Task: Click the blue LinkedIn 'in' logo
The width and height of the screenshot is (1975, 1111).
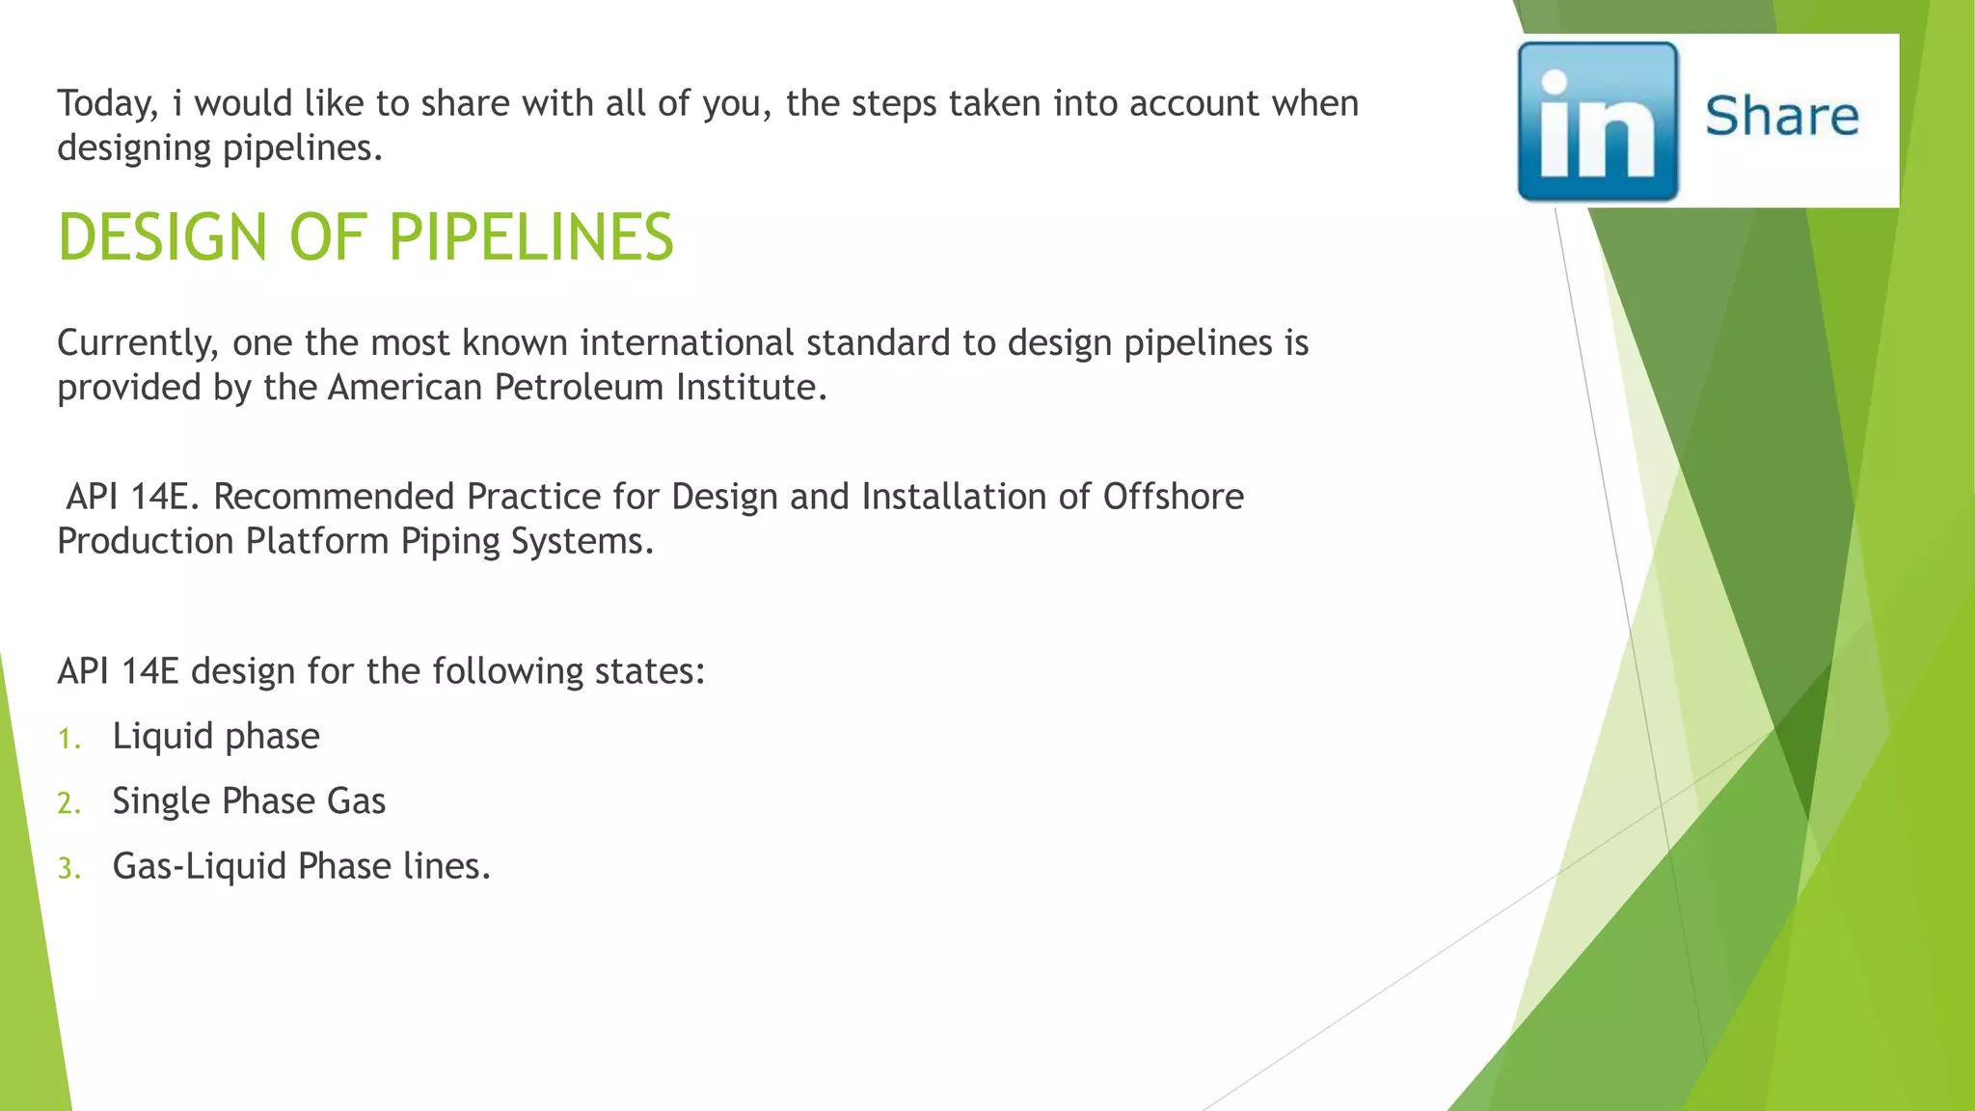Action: tap(1598, 122)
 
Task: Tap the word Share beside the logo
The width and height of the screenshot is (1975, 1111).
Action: tap(1781, 117)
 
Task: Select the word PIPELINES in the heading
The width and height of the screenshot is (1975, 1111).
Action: tap(531, 237)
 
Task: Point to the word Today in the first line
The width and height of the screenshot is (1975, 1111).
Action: tap(106, 103)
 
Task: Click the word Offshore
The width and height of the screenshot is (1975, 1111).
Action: tap(1173, 497)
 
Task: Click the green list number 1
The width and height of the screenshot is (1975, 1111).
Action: tap(68, 740)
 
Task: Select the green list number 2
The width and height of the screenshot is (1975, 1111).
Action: tap(68, 804)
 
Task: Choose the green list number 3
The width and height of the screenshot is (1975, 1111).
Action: tap(68, 869)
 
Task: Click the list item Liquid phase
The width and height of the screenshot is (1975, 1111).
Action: tap(216, 737)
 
